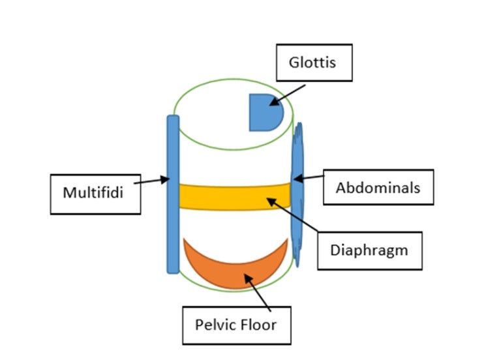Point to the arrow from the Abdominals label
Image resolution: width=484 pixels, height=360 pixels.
pos(309,177)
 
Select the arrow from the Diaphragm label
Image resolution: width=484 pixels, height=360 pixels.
pos(293,216)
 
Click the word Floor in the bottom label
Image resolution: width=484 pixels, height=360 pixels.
pos(260,323)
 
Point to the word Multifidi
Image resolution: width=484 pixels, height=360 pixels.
pos(95,193)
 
